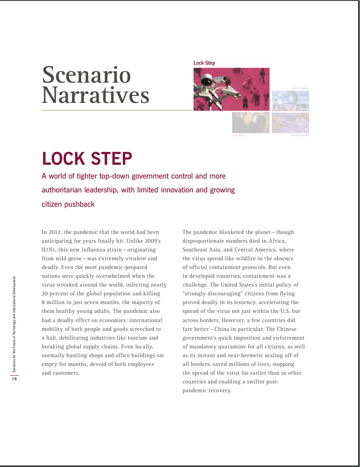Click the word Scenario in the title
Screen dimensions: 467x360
click(x=86, y=75)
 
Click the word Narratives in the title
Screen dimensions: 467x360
click(x=96, y=96)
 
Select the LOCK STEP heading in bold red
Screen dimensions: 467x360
click(x=87, y=159)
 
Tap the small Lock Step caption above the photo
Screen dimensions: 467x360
click(x=204, y=63)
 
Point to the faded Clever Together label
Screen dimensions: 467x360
click(x=300, y=88)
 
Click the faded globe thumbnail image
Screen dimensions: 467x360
click(x=290, y=101)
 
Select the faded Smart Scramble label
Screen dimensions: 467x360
click(x=300, y=135)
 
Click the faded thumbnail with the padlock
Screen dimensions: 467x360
click(x=251, y=123)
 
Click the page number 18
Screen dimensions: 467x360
click(x=14, y=379)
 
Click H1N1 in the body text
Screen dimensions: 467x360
click(x=48, y=250)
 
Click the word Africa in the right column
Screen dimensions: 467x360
click(x=276, y=241)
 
